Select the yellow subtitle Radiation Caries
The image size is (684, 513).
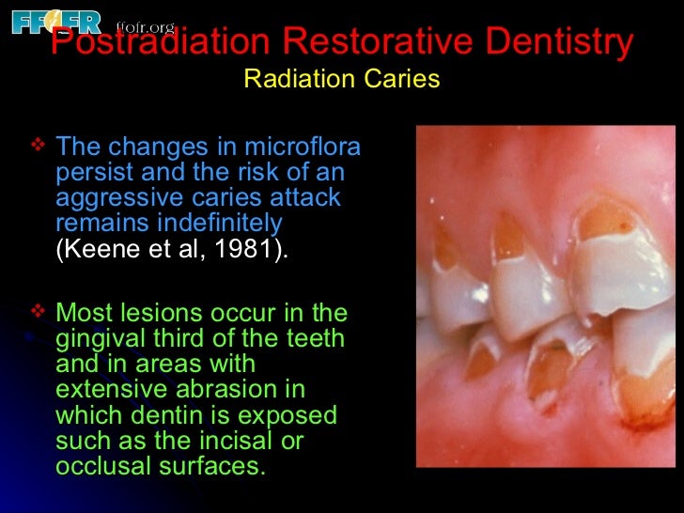pos(341,79)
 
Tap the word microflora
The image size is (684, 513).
pos(303,148)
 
